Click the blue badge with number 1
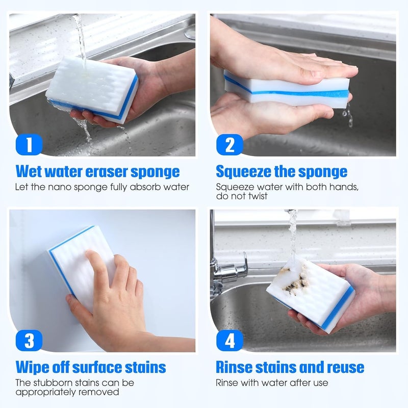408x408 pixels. pos(29,144)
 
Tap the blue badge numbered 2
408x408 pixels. pos(230,144)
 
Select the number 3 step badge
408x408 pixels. pos(29,340)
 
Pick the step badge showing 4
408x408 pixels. pos(230,340)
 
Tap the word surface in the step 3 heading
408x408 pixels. pos(97,367)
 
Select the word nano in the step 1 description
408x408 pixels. pos(61,187)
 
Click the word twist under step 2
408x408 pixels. pos(258,196)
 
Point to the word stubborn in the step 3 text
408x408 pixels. pos(54,383)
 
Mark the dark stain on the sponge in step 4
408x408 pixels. pos(294,280)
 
